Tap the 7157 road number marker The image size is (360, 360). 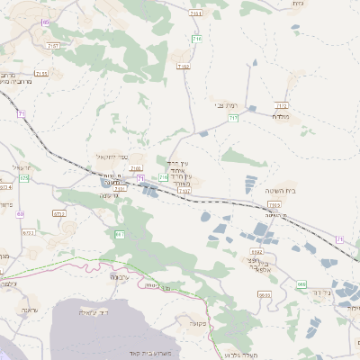(54, 43)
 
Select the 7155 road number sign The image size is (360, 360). (40, 74)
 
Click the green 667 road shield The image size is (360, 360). (119, 235)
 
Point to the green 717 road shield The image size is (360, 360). (233, 118)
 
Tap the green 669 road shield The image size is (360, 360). (301, 284)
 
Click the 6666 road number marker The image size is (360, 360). (265, 294)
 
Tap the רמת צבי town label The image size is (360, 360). (226, 105)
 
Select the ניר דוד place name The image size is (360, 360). (320, 292)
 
